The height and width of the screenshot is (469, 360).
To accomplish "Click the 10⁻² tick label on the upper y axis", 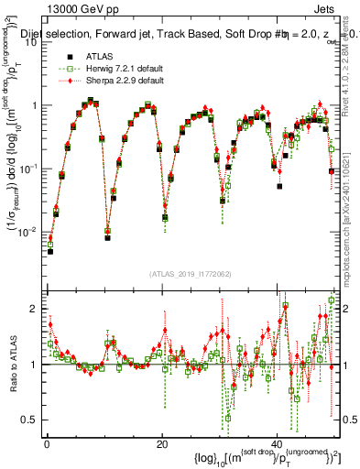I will (x=30, y=232).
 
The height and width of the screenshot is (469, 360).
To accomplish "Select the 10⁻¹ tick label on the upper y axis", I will (x=30, y=169).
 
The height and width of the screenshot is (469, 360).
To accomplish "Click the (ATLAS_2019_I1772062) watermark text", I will (x=191, y=274).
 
